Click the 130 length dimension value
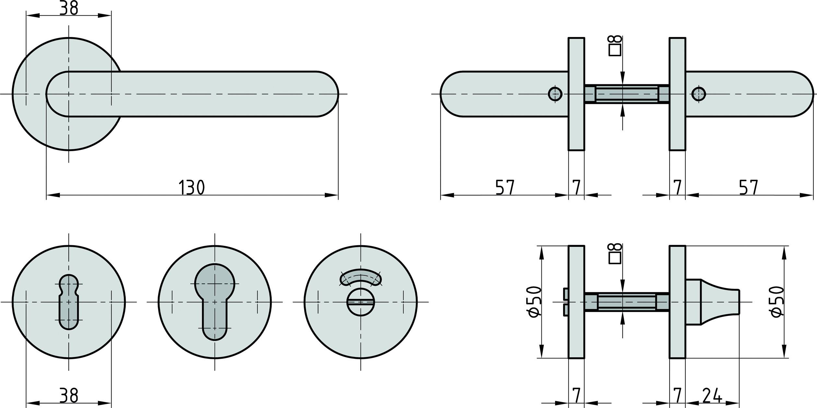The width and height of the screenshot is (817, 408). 192,187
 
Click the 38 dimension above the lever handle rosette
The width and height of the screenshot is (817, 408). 69,8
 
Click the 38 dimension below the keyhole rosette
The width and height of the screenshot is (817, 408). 69,395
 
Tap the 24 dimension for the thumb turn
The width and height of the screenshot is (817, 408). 712,395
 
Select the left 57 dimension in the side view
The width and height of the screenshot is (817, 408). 505,187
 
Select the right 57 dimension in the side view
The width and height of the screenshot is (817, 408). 748,187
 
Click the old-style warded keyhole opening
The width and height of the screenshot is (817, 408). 69,302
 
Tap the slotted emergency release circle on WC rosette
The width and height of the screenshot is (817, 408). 361,303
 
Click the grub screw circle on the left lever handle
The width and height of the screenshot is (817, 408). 555,94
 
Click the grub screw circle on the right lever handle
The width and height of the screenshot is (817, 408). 698,94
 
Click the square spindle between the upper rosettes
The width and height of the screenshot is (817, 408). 627,94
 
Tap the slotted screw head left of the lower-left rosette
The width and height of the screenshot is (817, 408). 566,302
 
